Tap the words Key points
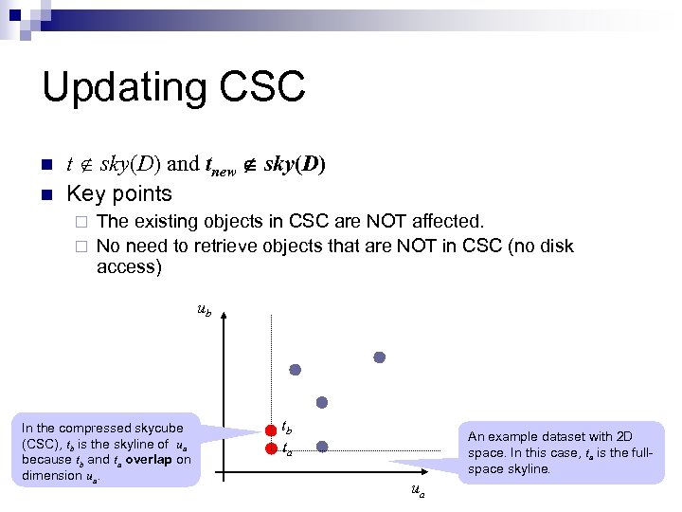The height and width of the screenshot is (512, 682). pyautogui.click(x=119, y=193)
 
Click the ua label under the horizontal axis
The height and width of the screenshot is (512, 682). pyautogui.click(x=417, y=490)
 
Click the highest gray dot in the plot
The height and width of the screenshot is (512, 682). pyautogui.click(x=379, y=357)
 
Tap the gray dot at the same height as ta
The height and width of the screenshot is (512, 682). pyautogui.click(x=322, y=447)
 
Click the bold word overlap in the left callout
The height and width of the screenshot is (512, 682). pyautogui.click(x=145, y=460)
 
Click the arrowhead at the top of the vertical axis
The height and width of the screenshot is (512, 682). pyautogui.click(x=221, y=318)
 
